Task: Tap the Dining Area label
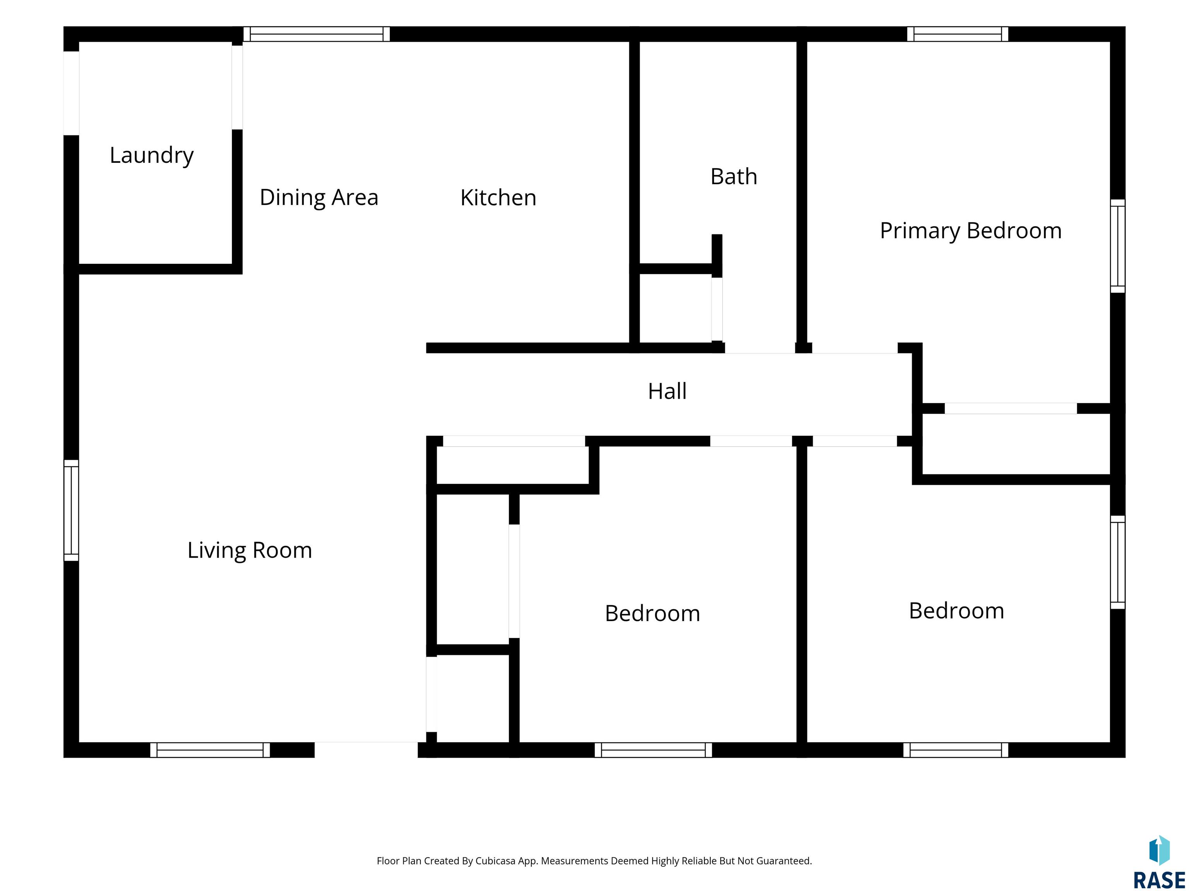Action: (319, 198)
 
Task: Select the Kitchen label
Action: (498, 198)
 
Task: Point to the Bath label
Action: (734, 177)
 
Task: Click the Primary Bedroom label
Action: (971, 231)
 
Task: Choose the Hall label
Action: (667, 391)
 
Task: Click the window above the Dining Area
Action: (317, 34)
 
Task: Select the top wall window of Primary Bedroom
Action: (957, 34)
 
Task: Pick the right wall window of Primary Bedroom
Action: (1117, 246)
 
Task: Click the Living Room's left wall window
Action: (72, 510)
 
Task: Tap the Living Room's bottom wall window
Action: (210, 750)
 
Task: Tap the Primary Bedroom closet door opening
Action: (1011, 408)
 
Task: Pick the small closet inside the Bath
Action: (675, 308)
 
